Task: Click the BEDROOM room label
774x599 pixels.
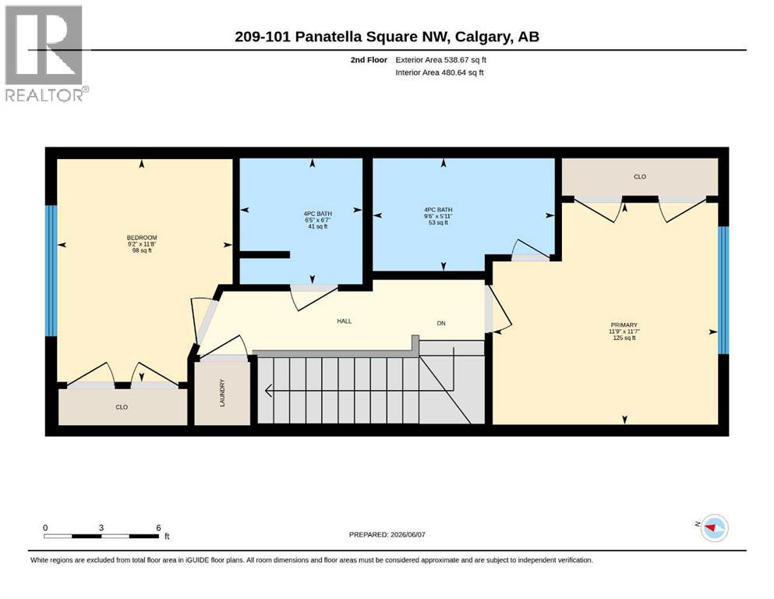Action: click(142, 238)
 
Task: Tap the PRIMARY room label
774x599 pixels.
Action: click(624, 325)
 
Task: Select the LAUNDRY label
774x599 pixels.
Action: click(222, 392)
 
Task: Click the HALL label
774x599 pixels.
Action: click(344, 321)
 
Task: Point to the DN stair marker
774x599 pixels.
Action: click(441, 324)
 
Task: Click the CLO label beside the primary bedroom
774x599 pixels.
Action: click(640, 176)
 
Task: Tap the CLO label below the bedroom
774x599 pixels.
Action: click(122, 407)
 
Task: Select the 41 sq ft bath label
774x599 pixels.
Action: click(317, 227)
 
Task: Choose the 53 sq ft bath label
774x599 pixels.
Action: click(438, 223)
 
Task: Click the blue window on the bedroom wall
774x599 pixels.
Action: click(51, 271)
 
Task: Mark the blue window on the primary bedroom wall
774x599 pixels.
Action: click(723, 290)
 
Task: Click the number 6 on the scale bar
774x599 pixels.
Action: click(158, 527)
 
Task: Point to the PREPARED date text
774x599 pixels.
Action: click(387, 534)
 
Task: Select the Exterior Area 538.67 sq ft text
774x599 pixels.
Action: click(441, 60)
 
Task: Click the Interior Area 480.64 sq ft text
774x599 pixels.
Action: click(440, 72)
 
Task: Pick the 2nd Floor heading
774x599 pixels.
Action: click(369, 60)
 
